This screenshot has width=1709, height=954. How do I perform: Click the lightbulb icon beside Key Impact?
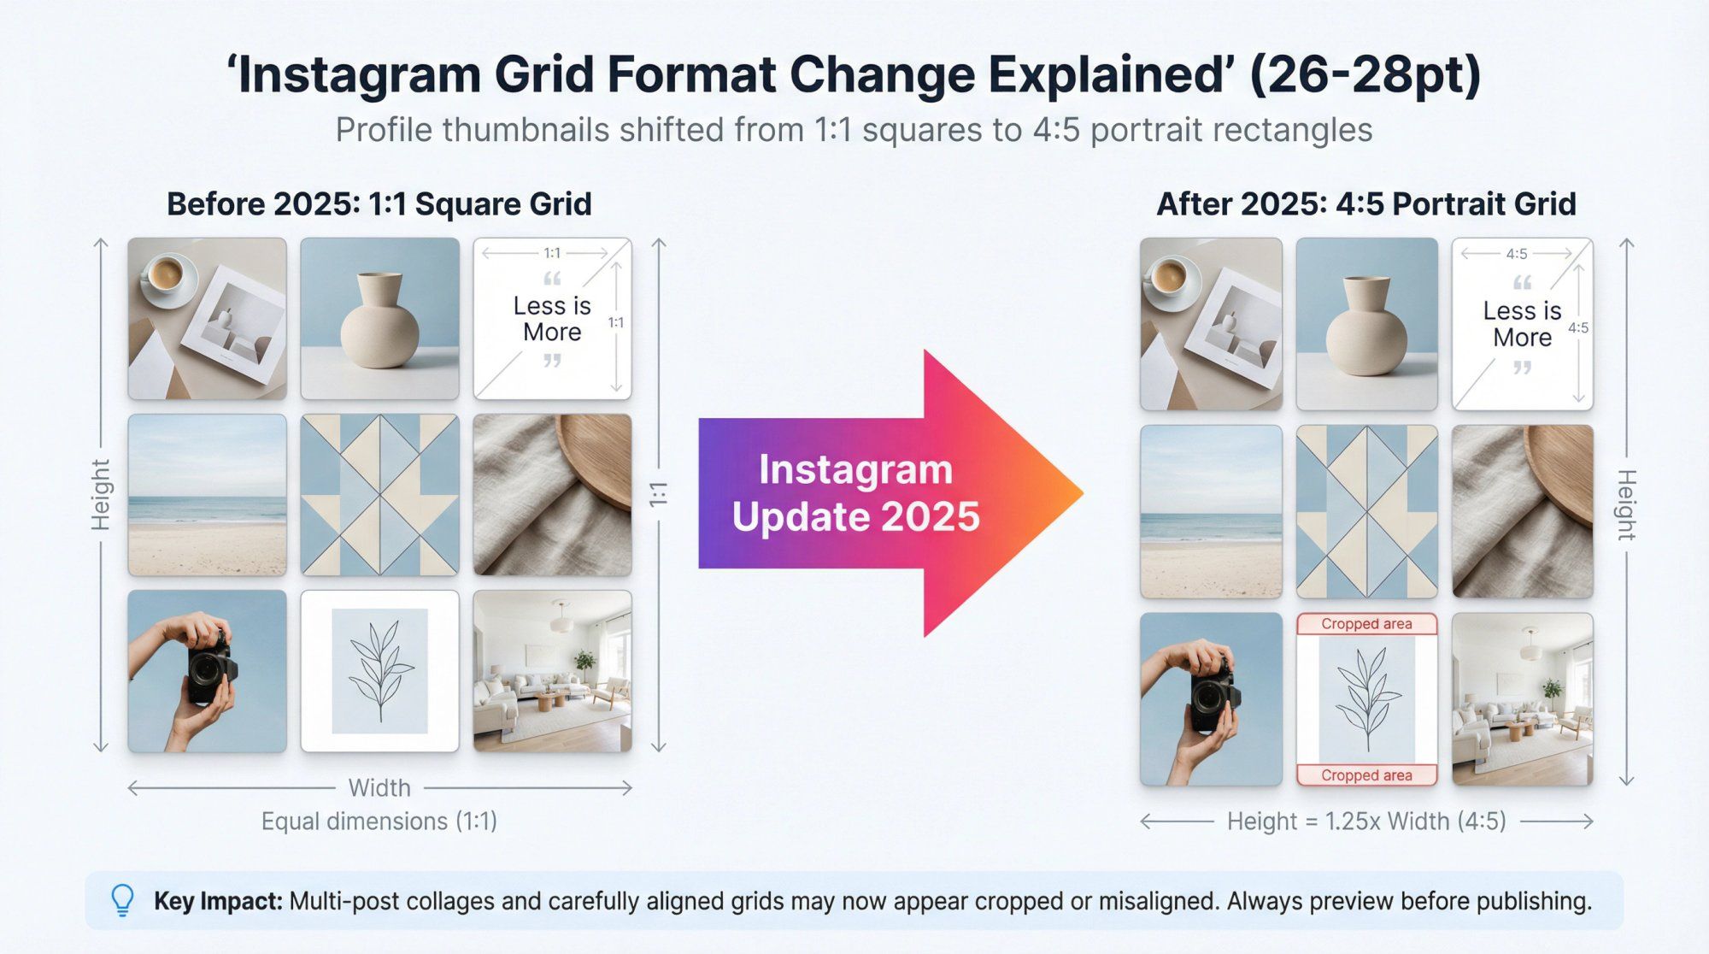[123, 900]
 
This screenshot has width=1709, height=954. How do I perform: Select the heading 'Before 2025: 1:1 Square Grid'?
[379, 204]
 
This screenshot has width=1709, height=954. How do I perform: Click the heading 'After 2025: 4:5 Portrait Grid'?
[1365, 204]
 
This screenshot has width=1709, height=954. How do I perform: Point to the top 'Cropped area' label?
[1366, 624]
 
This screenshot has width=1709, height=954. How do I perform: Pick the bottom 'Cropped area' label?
[1366, 775]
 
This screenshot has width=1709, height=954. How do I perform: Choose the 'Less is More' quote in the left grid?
[552, 319]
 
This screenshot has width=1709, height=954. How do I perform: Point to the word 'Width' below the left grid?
[379, 787]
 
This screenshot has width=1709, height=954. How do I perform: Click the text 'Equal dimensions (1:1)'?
[379, 821]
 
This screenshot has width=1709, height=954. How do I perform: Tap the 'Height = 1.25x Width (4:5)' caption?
[1365, 821]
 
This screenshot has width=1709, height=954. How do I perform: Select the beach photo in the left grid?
[208, 496]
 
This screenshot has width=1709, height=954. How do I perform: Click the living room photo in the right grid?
[1523, 698]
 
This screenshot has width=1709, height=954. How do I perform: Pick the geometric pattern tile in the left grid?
[379, 496]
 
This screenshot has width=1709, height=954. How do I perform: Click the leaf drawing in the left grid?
[379, 671]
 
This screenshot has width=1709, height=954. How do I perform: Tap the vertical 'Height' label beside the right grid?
[1626, 504]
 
